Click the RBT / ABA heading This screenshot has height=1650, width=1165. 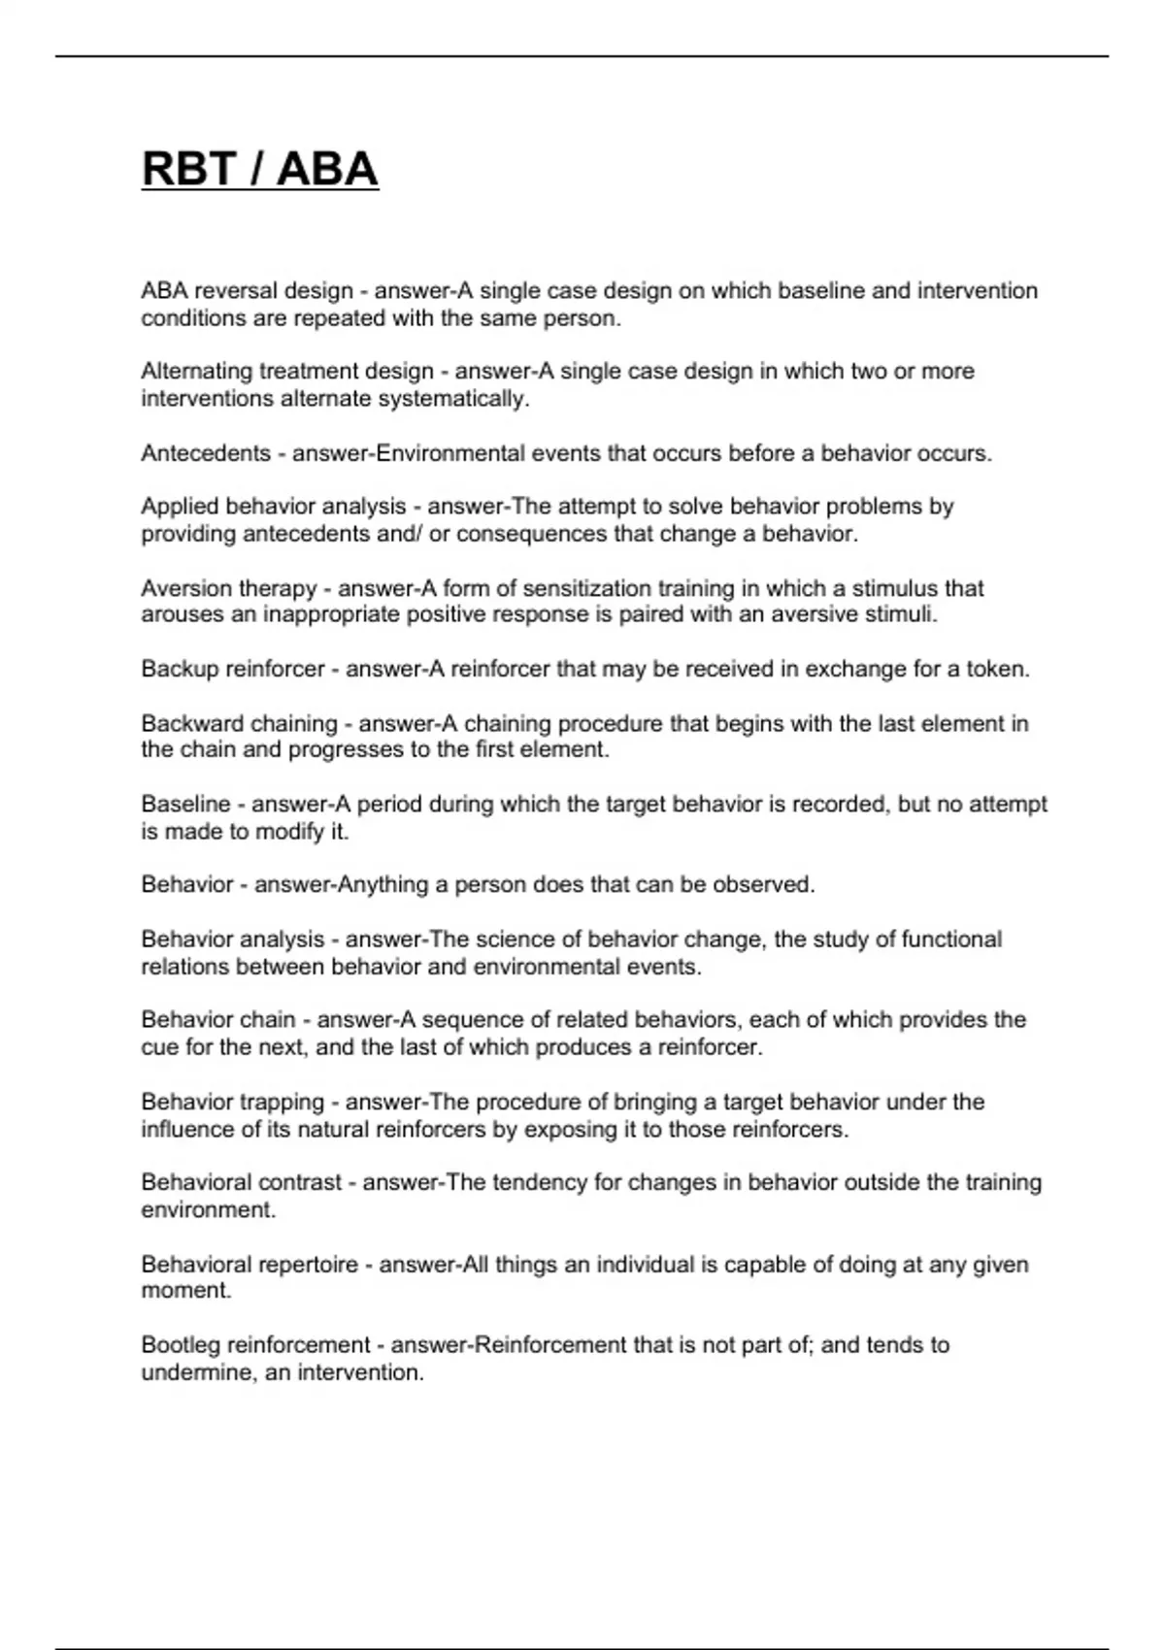259,169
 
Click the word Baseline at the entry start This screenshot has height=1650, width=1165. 185,804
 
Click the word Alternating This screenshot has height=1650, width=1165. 197,371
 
